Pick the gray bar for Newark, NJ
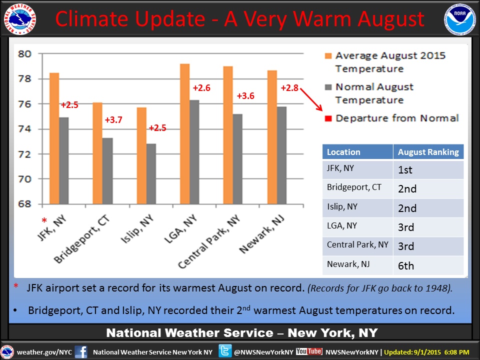point(281,155)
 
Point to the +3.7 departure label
point(113,120)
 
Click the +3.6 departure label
point(245,96)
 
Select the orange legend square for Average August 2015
point(328,56)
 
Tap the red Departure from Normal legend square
point(328,118)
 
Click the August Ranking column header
point(428,152)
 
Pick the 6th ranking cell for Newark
point(406,265)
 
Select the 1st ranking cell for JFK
point(405,170)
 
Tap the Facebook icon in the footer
point(81,351)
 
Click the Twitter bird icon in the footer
point(224,351)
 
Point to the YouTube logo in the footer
point(309,351)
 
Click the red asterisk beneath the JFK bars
point(44,220)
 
